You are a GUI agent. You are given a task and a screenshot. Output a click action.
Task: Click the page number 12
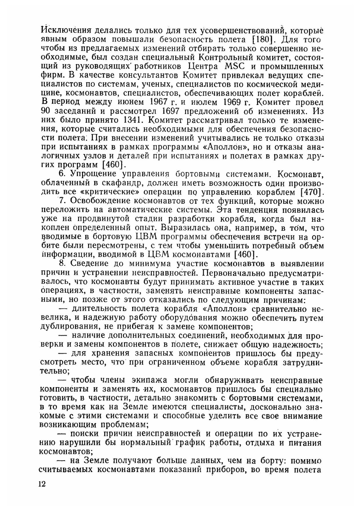[42, 484]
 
